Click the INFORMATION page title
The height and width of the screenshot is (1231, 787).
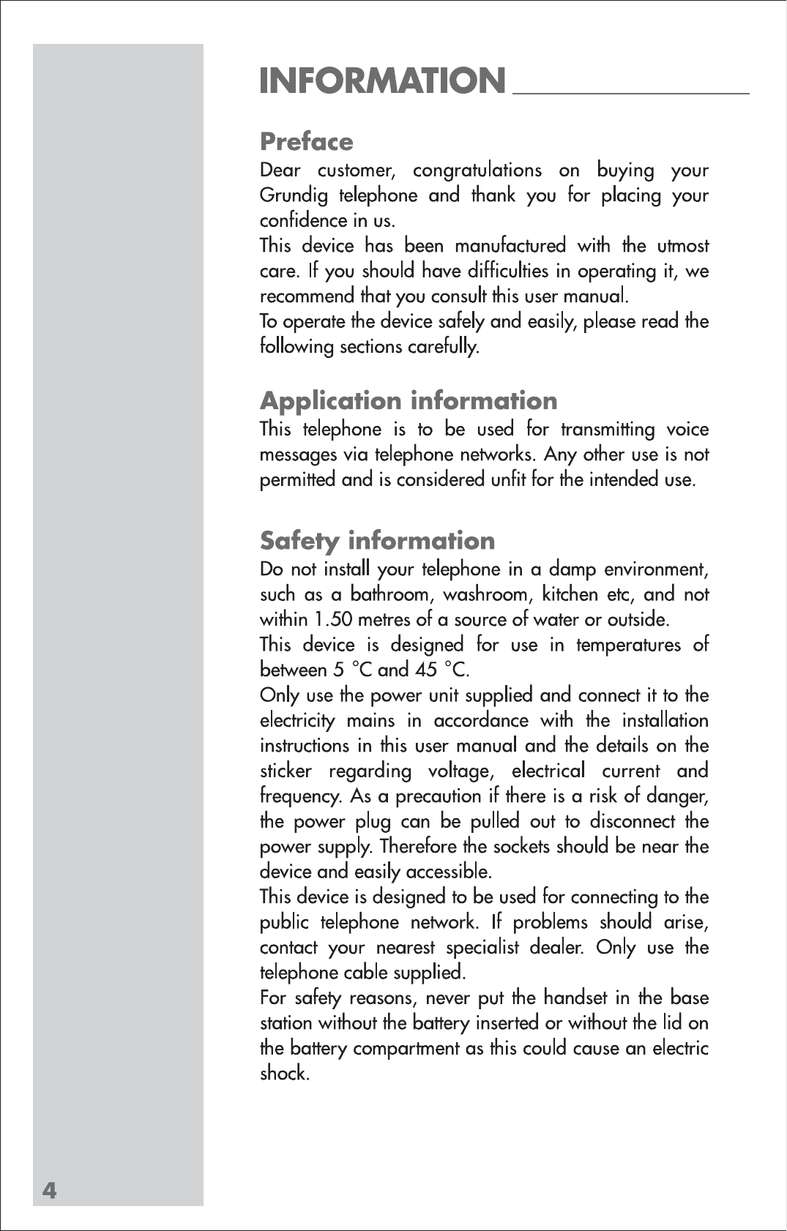pos(382,81)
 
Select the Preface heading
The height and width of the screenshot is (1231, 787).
pos(306,141)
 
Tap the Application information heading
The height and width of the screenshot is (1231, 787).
pos(409,400)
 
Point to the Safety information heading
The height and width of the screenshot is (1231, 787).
pos(377,541)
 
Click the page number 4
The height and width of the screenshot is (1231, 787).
pos(49,1191)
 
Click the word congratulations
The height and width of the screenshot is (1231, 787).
pos(477,171)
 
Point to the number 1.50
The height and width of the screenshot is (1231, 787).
pos(333,620)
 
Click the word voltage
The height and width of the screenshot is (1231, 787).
pos(460,771)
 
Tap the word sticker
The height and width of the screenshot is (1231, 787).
pos(286,771)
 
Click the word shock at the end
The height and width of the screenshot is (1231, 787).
pos(284,1074)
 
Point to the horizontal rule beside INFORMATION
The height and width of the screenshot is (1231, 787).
pos(631,94)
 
